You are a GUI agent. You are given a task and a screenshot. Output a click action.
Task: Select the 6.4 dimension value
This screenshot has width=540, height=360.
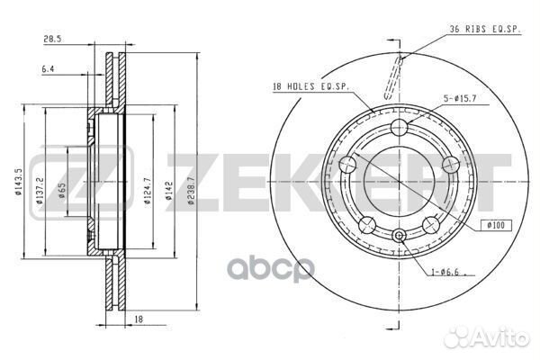point(46,68)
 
